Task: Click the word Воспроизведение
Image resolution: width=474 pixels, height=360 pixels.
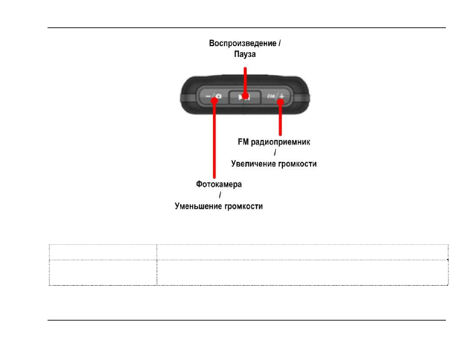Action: pos(241,43)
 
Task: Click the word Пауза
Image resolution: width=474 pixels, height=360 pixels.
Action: pos(245,54)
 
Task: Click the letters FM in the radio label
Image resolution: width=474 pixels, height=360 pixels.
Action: pos(244,143)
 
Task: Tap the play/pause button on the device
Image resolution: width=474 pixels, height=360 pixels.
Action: pos(246,97)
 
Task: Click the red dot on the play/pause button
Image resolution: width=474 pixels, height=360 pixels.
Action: pos(246,97)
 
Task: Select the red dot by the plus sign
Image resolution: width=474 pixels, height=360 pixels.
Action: pos(280,98)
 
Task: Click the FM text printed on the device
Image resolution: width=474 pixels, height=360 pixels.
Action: pos(271,97)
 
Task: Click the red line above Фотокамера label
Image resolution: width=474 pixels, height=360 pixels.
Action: pos(214,141)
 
